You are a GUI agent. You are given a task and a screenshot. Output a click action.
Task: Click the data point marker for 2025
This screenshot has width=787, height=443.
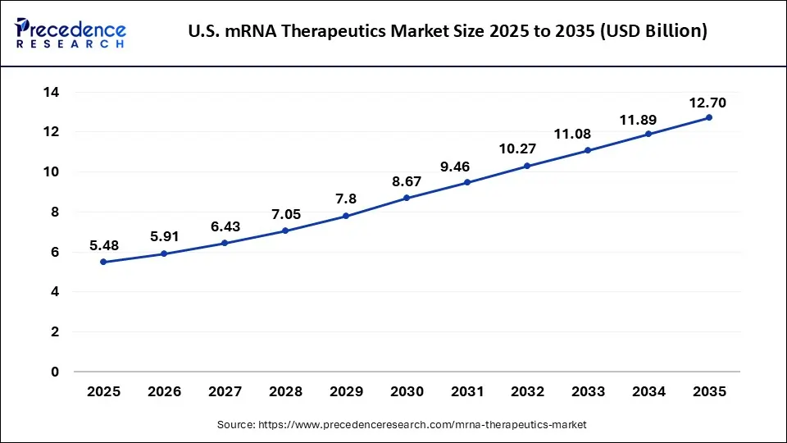[103, 262]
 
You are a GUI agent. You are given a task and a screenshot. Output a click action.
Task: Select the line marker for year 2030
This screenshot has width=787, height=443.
[407, 198]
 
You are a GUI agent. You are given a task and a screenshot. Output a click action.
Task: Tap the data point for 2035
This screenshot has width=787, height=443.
[709, 117]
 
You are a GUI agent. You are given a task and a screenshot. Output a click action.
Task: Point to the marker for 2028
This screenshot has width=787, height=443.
[285, 231]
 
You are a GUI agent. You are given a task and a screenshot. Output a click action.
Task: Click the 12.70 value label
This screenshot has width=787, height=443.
[707, 103]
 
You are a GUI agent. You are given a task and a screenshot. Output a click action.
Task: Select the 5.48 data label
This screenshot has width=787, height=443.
[103, 245]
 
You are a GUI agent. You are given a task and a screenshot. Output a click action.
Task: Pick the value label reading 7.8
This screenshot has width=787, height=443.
[345, 199]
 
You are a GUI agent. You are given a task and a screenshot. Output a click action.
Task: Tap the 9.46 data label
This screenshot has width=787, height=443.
[455, 167]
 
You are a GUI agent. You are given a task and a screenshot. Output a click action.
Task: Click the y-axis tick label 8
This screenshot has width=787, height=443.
[54, 212]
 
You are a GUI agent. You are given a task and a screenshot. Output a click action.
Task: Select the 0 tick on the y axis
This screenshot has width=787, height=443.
[54, 372]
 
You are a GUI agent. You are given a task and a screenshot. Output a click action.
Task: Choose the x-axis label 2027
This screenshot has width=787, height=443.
[225, 392]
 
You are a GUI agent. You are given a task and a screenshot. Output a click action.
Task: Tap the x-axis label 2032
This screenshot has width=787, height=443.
[527, 392]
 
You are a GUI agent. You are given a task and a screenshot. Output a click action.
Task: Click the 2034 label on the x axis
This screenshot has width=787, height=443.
[648, 392]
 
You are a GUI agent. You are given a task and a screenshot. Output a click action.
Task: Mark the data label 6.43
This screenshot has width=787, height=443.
[225, 226]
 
